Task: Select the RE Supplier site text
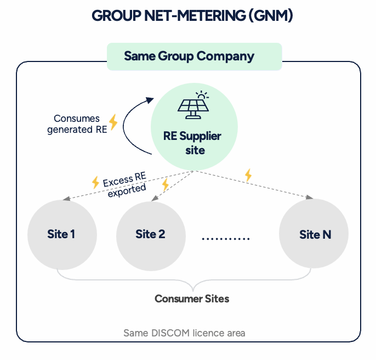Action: [192, 142]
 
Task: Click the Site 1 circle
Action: [61, 234]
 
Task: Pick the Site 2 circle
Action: [150, 234]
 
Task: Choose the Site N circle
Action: [315, 234]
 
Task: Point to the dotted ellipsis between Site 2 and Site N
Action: [226, 239]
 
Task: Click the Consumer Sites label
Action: [192, 299]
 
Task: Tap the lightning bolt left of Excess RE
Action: [95, 182]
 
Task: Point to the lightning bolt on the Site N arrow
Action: [248, 175]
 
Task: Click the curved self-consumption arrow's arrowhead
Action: [149, 100]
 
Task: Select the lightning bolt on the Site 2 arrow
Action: [165, 184]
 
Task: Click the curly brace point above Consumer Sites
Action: [192, 288]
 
